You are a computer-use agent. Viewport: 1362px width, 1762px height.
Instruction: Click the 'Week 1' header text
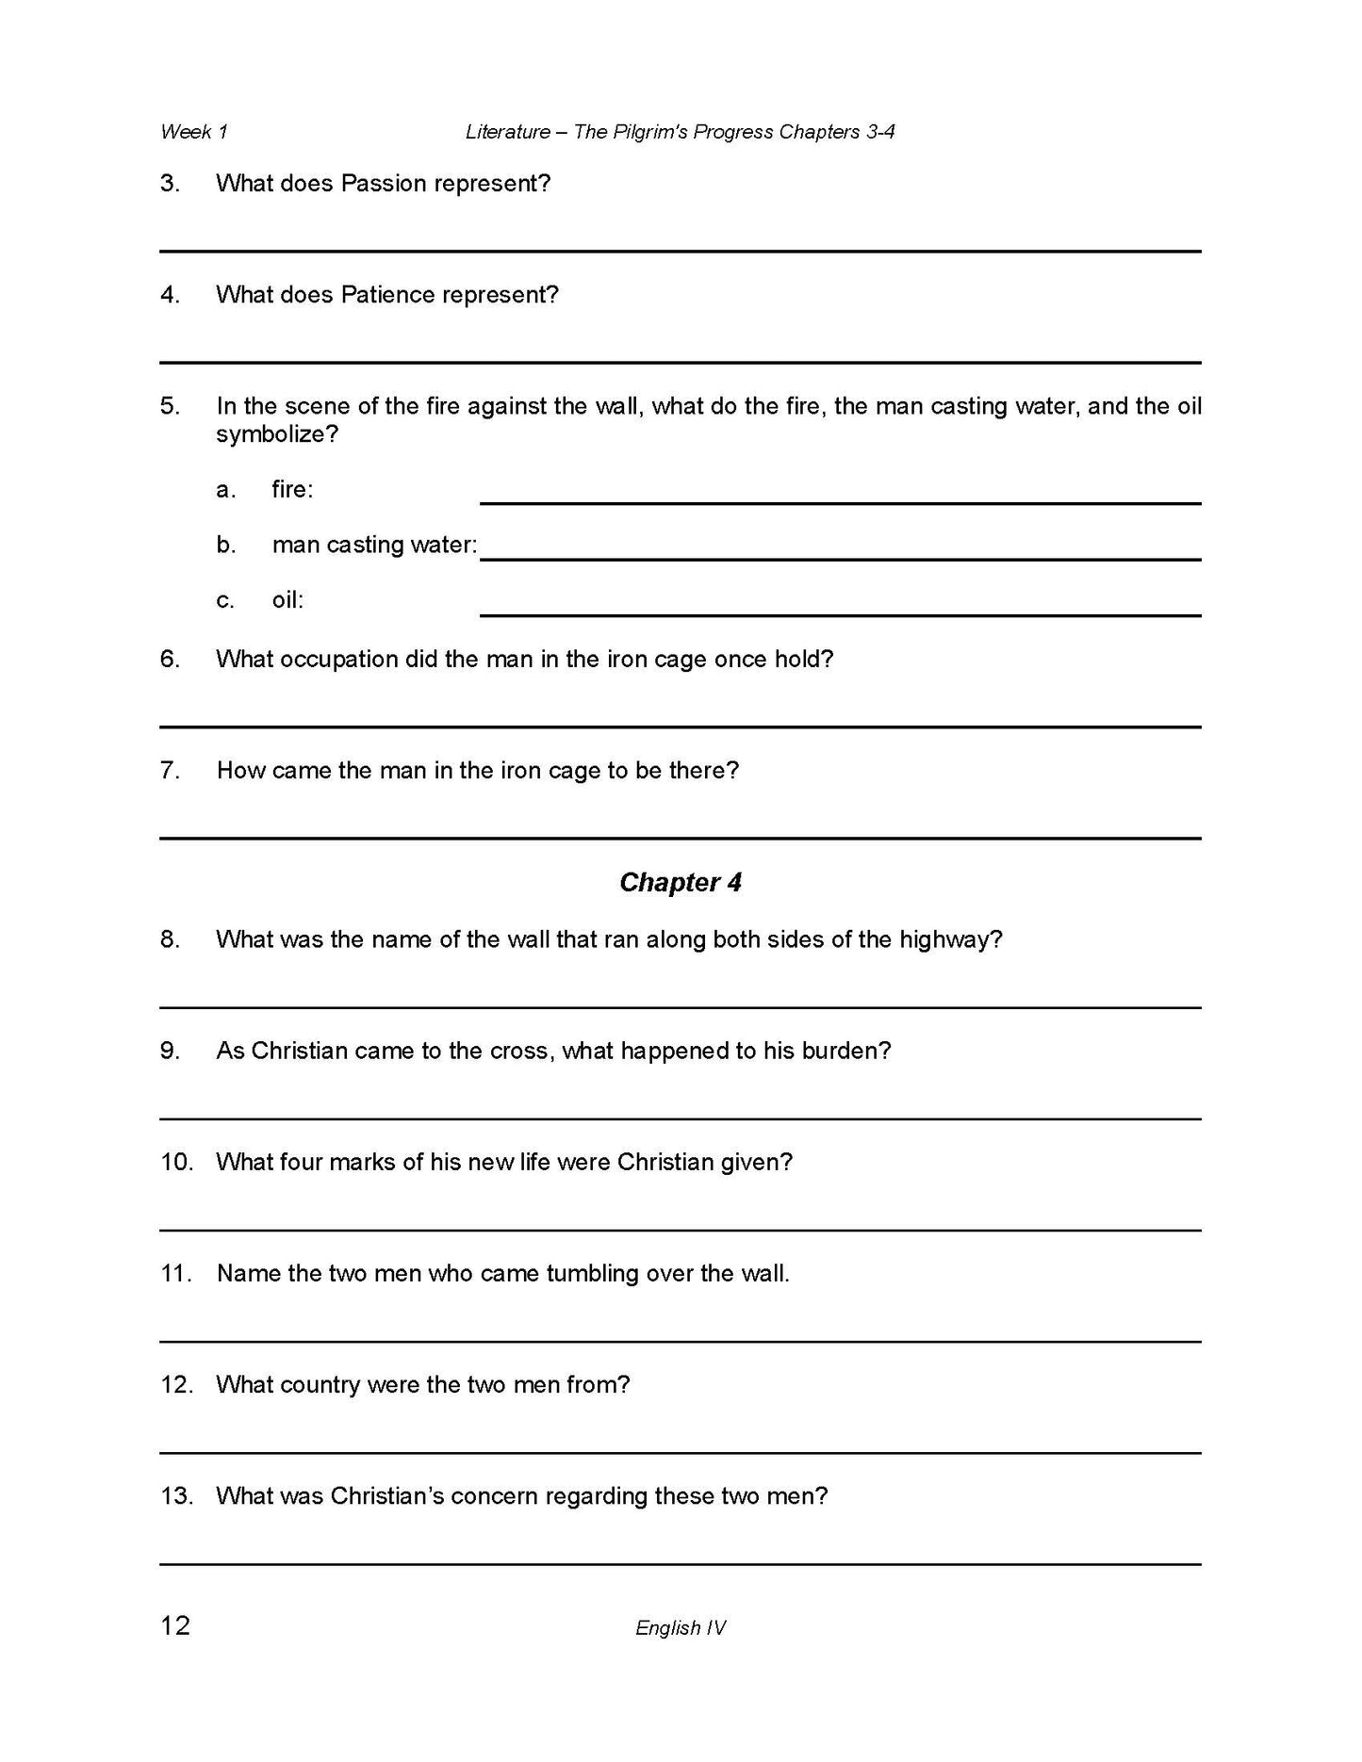[x=194, y=132]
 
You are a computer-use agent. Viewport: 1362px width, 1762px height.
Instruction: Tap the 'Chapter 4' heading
[x=681, y=883]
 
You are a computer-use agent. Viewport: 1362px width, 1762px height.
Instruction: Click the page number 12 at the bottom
[x=175, y=1625]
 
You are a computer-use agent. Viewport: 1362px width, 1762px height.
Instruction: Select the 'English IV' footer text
[x=681, y=1627]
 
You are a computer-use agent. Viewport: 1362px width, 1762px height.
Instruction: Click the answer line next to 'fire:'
[x=840, y=501]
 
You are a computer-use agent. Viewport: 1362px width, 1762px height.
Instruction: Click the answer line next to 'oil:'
[x=840, y=613]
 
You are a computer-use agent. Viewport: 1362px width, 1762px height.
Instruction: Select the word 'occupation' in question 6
[x=336, y=660]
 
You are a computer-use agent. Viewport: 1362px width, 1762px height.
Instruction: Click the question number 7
[x=170, y=771]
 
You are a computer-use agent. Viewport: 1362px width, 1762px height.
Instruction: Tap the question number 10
[x=176, y=1162]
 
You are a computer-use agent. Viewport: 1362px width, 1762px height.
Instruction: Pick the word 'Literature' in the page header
[x=508, y=132]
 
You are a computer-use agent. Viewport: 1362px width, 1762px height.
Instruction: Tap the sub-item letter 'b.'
[x=226, y=545]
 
